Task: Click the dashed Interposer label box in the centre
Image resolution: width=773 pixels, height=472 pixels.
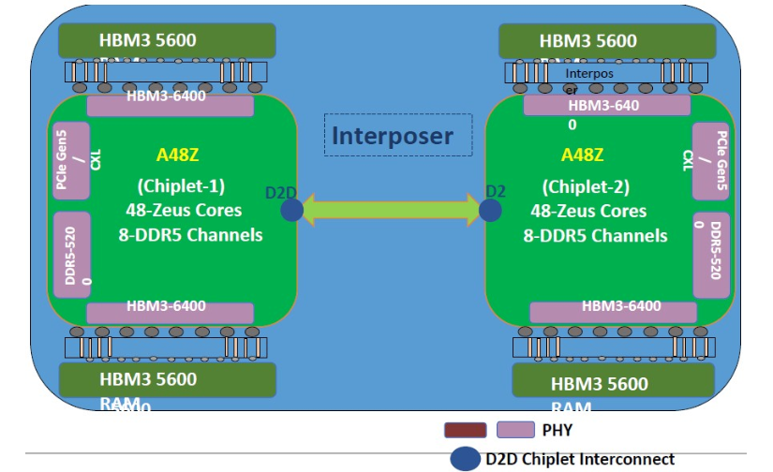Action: click(389, 136)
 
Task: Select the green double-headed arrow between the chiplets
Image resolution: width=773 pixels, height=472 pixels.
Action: click(391, 209)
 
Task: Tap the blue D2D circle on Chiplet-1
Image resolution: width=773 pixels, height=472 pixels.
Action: click(291, 210)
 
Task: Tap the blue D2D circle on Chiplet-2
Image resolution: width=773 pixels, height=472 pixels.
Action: click(490, 210)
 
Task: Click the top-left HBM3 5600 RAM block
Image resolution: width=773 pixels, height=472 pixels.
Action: click(167, 40)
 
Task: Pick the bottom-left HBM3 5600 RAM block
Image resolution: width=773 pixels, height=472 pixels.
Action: click(167, 379)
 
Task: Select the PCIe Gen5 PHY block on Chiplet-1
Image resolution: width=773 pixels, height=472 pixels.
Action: click(71, 160)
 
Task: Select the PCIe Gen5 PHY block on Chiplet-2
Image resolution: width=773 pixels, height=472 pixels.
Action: click(710, 160)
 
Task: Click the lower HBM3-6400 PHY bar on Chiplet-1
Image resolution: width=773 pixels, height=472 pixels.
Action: click(170, 313)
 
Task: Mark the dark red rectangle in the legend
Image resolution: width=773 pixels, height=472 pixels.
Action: click(465, 430)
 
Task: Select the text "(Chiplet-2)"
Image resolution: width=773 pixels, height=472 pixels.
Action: click(586, 186)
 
